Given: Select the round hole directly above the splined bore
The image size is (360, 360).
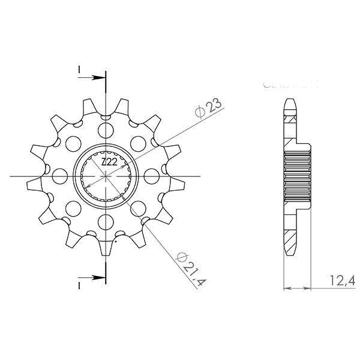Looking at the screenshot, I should (106, 129).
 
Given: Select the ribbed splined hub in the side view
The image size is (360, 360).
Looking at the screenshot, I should (297, 176).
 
